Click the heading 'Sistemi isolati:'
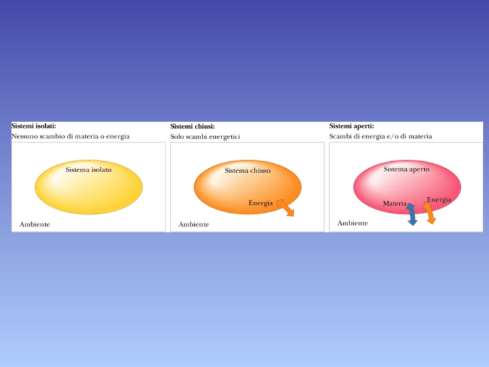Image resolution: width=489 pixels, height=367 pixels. click(x=34, y=126)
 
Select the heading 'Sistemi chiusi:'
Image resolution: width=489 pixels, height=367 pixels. click(x=192, y=126)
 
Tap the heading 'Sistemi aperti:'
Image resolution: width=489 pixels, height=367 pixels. click(x=351, y=126)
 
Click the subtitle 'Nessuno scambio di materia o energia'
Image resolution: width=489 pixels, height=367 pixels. click(x=71, y=136)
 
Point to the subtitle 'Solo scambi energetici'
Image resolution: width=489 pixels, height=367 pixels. click(x=205, y=137)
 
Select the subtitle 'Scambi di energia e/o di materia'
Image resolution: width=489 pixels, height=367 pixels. click(x=381, y=136)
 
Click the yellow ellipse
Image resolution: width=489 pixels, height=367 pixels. click(x=89, y=187)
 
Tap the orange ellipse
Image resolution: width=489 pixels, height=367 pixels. click(x=248, y=187)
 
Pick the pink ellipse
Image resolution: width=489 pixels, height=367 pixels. click(x=407, y=187)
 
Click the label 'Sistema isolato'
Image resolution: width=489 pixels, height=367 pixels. click(x=89, y=169)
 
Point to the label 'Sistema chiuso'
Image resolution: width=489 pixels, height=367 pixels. click(x=248, y=170)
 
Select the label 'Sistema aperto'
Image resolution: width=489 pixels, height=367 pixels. click(x=406, y=169)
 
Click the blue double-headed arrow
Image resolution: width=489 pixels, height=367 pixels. click(x=411, y=214)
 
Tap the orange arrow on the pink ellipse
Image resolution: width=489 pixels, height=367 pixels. click(x=429, y=213)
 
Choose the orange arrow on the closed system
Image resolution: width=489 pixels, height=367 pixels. click(x=285, y=208)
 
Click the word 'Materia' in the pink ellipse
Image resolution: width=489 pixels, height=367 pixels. click(x=395, y=203)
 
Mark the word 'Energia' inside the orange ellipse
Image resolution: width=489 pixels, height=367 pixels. click(x=260, y=203)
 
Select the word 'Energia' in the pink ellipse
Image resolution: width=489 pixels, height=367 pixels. click(x=439, y=199)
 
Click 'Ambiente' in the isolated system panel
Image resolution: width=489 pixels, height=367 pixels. click(x=34, y=224)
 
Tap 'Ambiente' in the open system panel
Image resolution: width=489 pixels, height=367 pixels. click(x=353, y=223)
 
